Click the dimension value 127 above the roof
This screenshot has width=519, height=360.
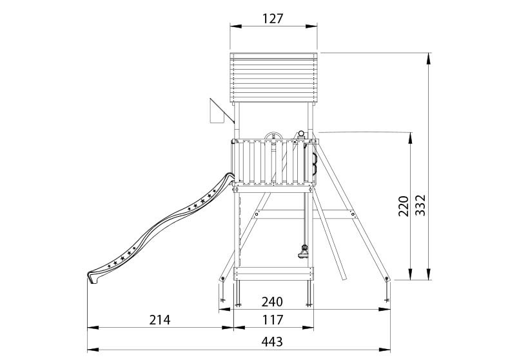coord(273,19)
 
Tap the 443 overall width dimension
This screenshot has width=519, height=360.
coord(272,341)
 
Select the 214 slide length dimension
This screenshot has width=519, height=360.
coord(159,320)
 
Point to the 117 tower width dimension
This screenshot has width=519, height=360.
coord(273,320)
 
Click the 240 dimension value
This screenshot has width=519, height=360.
coord(272,302)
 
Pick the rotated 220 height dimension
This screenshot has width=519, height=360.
coord(404,206)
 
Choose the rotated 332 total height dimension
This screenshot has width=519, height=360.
coord(420,205)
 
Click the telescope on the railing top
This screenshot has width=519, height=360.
coord(300,135)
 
